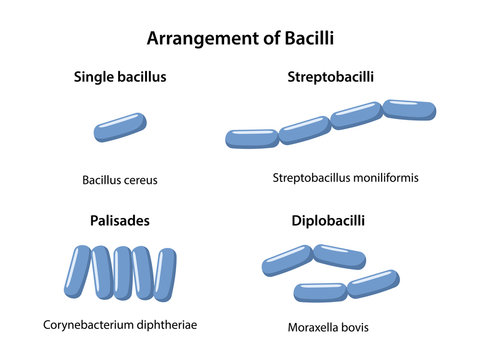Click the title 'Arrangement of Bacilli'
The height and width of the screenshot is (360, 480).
240,39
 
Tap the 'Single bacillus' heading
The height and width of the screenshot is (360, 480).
120,77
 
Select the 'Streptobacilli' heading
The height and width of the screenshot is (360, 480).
331,77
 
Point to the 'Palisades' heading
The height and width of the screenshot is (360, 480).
119,220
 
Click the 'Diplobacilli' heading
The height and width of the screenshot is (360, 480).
331,220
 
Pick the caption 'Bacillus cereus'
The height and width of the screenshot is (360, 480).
120,181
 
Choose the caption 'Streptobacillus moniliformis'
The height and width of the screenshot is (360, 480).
345,178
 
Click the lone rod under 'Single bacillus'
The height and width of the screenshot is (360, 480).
121,128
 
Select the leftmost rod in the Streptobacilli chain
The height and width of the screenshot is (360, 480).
252,139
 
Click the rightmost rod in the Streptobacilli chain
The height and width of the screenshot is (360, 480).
410,109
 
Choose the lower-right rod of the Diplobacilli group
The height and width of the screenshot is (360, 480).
374,283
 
